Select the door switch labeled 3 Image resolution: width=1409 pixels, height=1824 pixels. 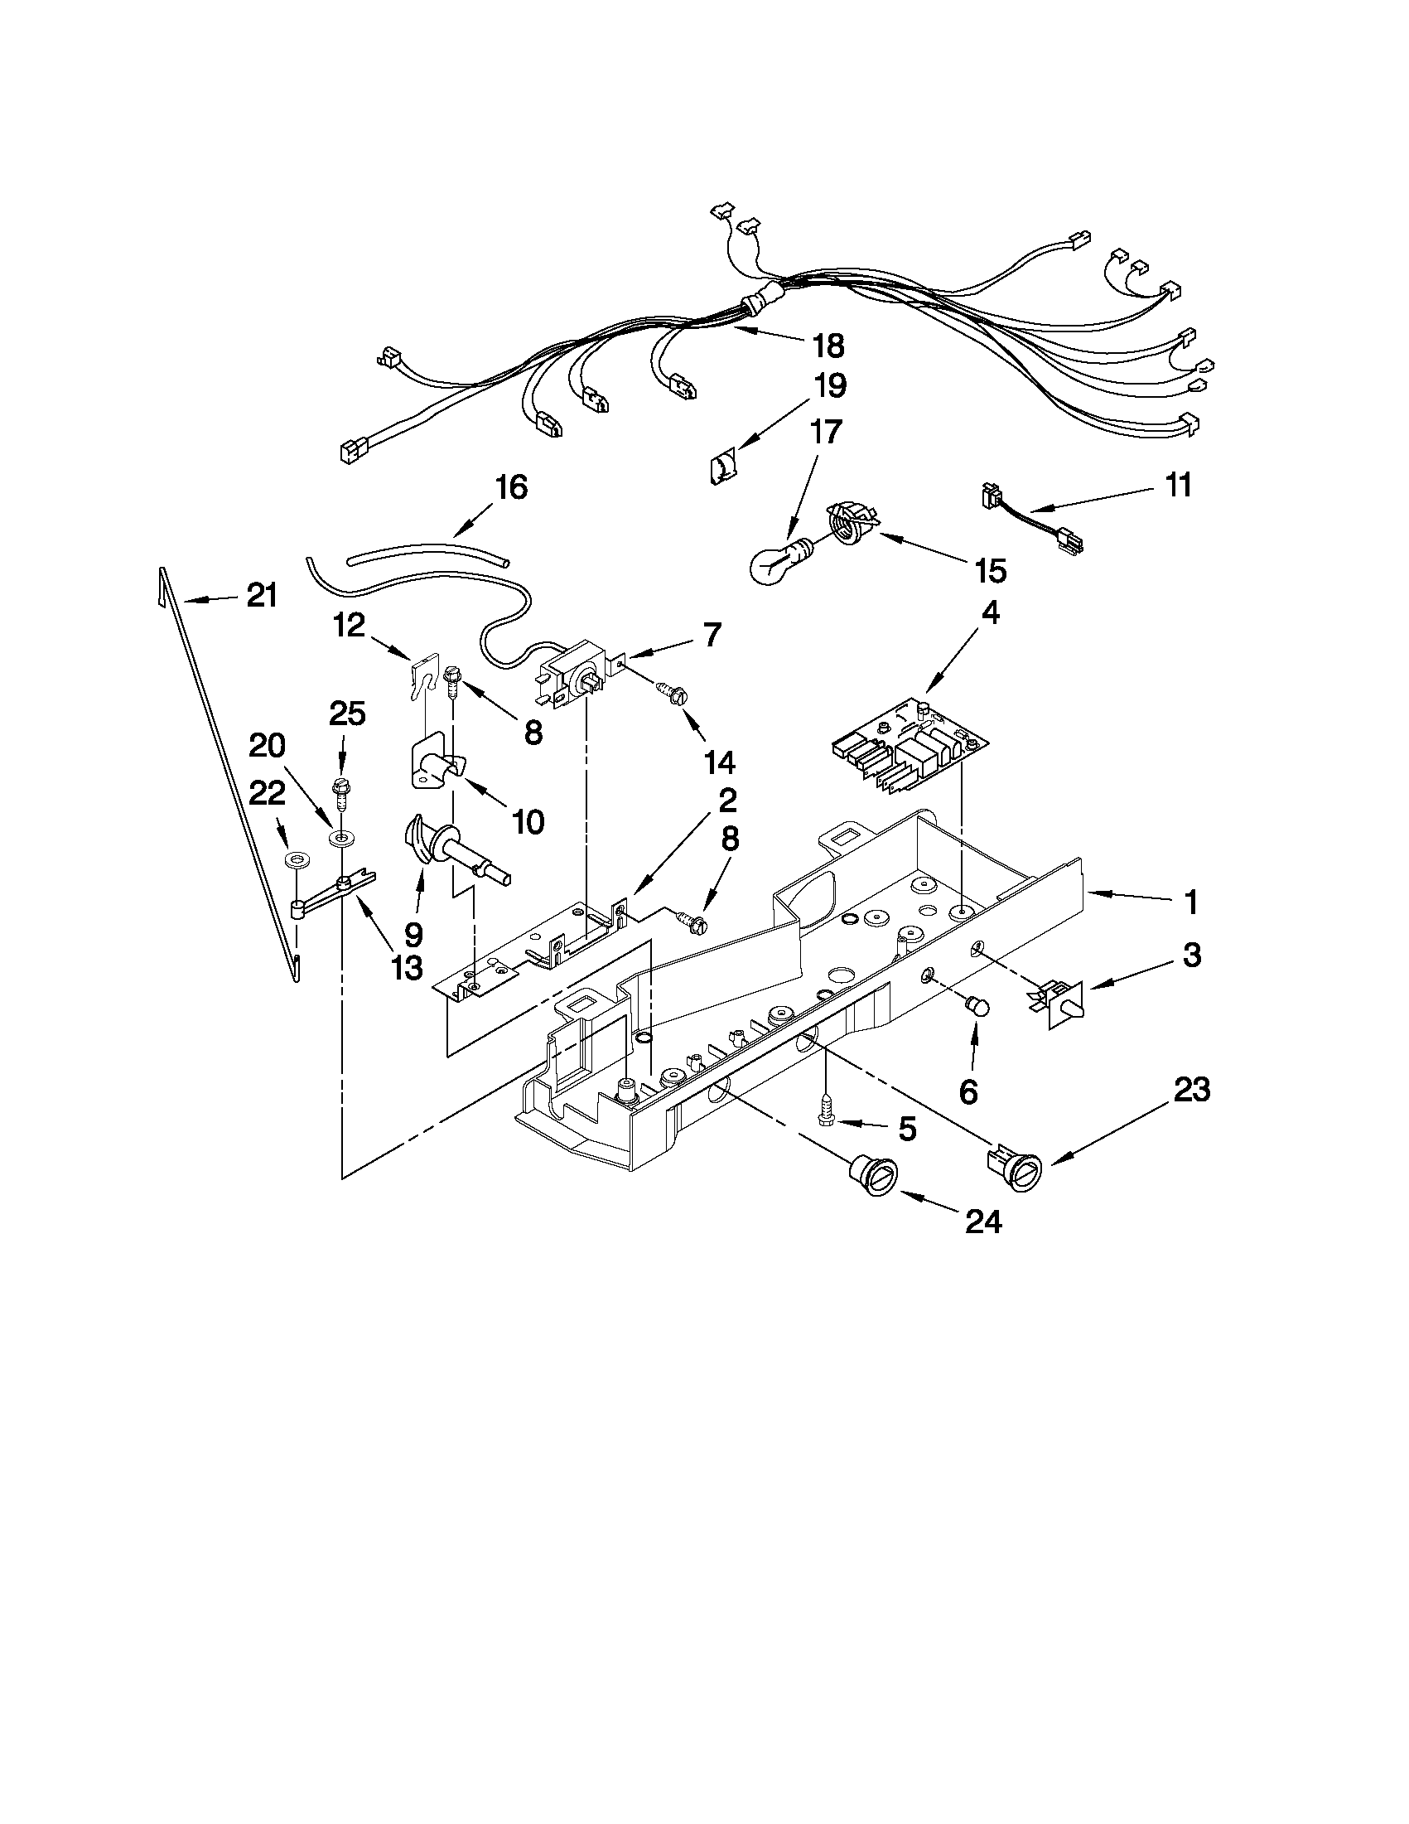(x=1060, y=999)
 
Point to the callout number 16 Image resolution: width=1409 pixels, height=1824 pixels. (x=511, y=487)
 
